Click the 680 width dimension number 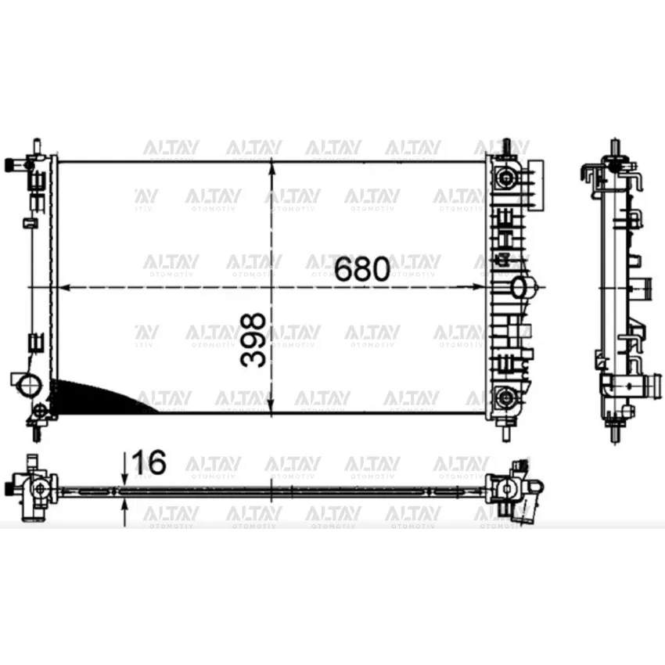click(361, 269)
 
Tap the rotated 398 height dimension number click(253, 340)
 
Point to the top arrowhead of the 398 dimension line click(271, 170)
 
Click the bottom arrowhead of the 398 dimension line click(271, 405)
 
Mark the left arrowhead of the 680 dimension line click(64, 288)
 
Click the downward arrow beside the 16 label click(124, 469)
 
